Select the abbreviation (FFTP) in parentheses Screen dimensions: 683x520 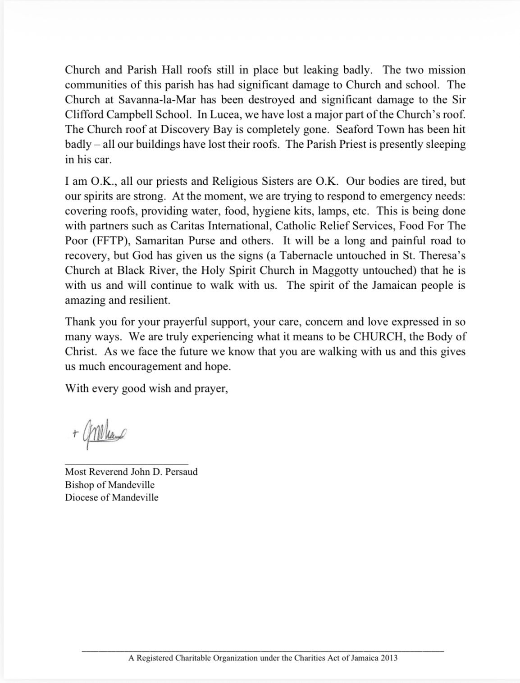111,241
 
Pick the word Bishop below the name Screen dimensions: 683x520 79,485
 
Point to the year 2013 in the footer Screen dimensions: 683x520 389,658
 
